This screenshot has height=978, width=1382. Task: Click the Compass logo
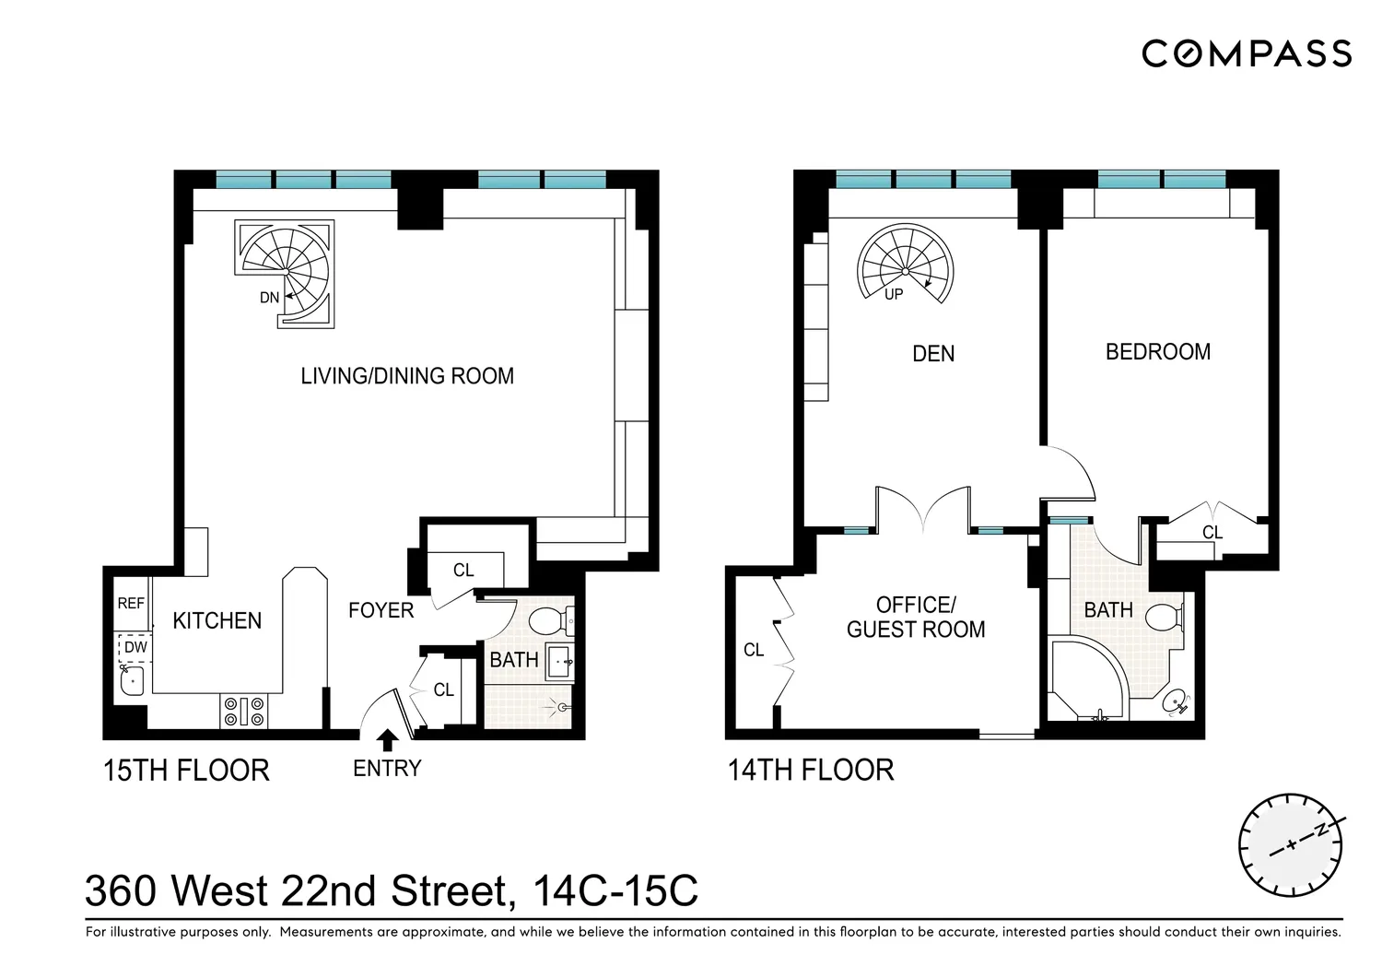1247,53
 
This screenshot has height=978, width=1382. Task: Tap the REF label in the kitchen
131,603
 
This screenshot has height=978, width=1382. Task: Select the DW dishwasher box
134,647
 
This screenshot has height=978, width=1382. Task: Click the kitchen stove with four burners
244,711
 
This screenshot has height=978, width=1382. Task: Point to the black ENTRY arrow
387,739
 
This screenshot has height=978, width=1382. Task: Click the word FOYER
381,610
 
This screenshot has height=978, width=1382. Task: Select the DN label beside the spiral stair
270,298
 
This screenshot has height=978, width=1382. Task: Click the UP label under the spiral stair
894,295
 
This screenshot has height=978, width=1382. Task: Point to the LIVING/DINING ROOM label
407,376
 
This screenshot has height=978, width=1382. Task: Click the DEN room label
932,354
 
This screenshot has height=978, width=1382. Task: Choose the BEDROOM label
1157,352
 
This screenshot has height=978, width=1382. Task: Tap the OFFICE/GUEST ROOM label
916,617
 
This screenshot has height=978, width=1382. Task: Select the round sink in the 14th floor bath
1175,702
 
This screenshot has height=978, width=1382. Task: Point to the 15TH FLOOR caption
186,771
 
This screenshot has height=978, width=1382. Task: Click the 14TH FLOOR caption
811,771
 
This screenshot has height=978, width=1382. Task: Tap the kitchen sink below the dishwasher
132,681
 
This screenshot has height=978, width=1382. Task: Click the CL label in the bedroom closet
1212,532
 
